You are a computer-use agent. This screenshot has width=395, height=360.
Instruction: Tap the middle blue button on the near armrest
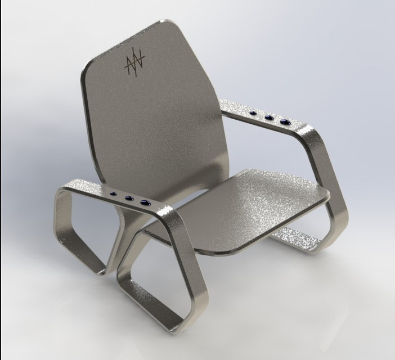click(129, 198)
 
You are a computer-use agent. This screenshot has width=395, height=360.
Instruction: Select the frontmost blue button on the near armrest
click(146, 202)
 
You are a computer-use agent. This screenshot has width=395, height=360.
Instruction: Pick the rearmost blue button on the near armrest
click(115, 195)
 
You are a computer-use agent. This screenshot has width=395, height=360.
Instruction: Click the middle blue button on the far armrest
click(270, 118)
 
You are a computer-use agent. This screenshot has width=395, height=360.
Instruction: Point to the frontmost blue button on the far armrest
click(285, 121)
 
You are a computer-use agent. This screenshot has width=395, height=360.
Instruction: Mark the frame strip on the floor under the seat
click(293, 239)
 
